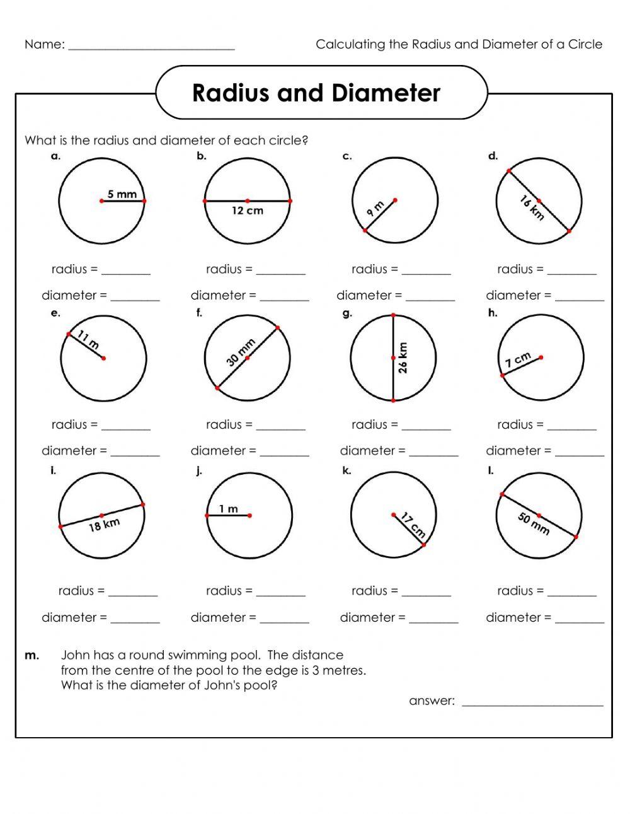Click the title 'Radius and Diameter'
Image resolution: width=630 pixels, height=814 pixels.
[316, 93]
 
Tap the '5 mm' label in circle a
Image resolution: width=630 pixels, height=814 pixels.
[122, 194]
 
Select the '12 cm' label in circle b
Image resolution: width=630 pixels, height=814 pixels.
[247, 211]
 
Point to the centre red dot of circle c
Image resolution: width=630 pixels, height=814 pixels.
[395, 201]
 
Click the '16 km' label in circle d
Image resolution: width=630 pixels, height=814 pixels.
[532, 208]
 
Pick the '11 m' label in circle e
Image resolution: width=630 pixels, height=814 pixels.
[88, 340]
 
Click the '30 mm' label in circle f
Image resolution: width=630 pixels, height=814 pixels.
[241, 352]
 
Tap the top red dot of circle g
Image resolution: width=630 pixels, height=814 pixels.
[393, 315]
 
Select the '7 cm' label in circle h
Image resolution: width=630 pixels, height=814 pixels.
[518, 360]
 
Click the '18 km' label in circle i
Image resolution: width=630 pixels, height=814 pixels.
[104, 525]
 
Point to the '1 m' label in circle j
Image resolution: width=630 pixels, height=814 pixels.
[229, 508]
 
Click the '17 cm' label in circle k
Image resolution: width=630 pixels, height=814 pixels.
[413, 526]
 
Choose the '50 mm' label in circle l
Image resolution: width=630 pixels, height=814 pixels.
[534, 523]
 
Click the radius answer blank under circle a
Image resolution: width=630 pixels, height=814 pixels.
[126, 272]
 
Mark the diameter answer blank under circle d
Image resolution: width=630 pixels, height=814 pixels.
[579, 298]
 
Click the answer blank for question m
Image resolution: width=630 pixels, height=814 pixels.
[532, 704]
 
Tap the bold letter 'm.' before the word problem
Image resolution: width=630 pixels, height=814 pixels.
[31, 655]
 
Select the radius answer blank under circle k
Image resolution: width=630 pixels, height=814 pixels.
[426, 594]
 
